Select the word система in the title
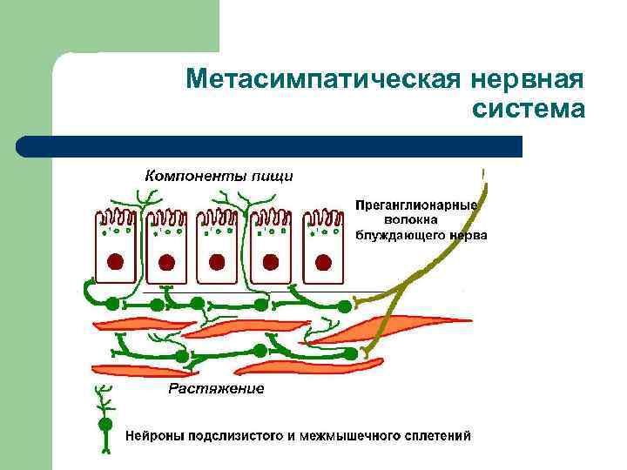(528, 110)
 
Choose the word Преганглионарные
(416, 205)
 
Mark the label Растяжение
(216, 388)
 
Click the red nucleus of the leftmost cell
(114, 260)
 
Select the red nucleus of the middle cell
(218, 260)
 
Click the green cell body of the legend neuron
(104, 424)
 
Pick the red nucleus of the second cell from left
(166, 260)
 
